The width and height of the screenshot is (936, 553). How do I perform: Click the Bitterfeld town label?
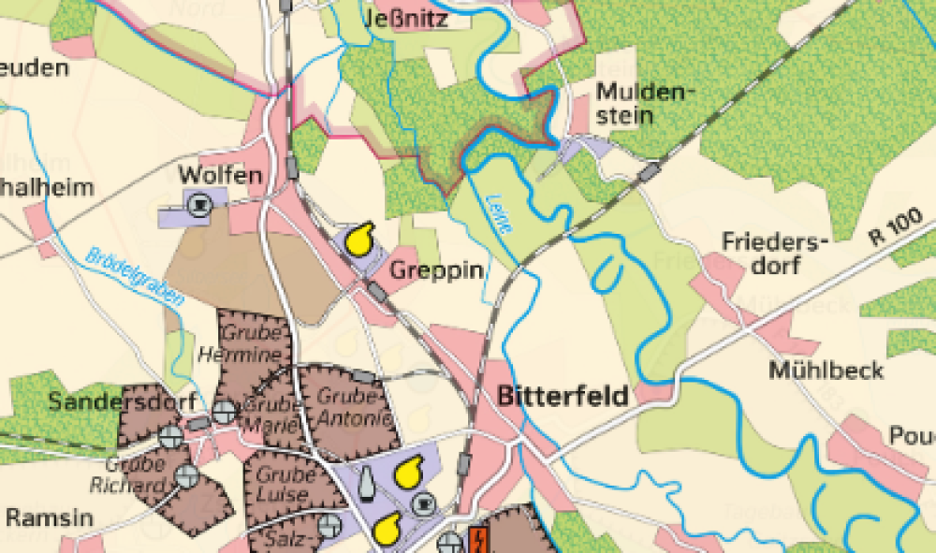coord(563,395)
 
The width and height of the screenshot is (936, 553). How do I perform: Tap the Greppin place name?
coord(437,271)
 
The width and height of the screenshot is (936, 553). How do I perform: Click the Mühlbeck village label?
coord(826,370)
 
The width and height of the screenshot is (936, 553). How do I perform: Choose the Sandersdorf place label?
coord(122,402)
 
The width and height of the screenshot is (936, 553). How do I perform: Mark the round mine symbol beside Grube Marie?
coord(224,411)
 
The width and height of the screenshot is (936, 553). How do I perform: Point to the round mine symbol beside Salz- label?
coord(329,526)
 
